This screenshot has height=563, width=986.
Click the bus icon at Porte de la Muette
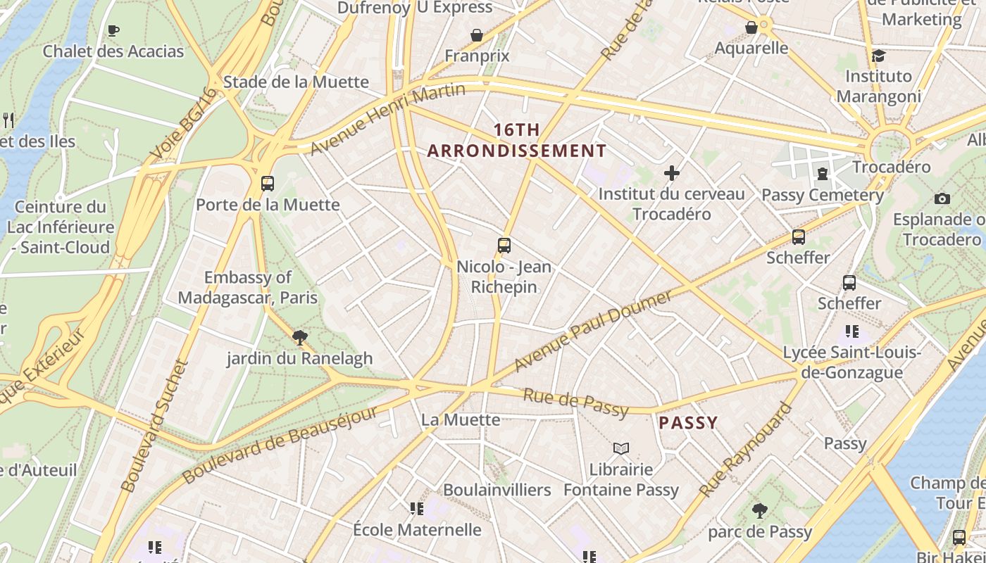267,184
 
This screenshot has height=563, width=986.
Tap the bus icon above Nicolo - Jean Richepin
504,246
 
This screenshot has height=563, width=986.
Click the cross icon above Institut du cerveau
672,172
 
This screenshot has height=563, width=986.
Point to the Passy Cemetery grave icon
823,174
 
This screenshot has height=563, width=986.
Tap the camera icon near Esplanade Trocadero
942,198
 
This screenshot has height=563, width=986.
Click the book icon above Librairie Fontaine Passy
620,448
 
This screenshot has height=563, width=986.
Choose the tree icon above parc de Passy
759,511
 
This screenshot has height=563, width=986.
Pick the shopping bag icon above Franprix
477,34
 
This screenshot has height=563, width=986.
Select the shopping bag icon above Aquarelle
751,27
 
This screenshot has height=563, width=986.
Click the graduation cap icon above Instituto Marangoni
878,56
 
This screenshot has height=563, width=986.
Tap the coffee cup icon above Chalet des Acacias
113,30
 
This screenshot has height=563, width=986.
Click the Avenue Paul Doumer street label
594,331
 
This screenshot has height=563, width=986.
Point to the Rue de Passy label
575,401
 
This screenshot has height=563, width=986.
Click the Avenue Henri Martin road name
388,118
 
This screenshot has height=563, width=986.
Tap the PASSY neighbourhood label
688,423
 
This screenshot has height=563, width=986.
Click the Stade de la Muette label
296,82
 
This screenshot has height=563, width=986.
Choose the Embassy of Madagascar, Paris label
247,287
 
